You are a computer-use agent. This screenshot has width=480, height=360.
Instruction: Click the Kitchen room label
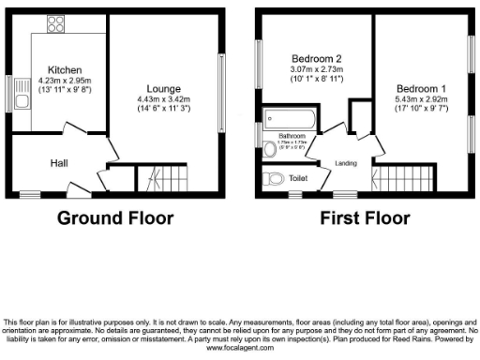tap(65, 70)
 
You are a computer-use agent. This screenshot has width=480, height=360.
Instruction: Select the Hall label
tap(59, 163)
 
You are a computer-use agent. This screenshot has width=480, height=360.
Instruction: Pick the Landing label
tap(347, 164)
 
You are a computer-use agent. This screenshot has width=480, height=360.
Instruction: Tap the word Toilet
tap(298, 177)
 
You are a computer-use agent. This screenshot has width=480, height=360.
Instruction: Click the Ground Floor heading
tap(115, 219)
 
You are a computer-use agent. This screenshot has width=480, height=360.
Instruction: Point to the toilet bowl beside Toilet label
tap(275, 178)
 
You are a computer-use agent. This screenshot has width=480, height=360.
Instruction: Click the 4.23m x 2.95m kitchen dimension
tap(65, 82)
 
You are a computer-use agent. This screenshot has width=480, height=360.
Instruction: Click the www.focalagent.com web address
tap(240, 348)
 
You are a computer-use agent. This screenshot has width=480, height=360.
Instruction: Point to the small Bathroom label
tap(292, 135)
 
